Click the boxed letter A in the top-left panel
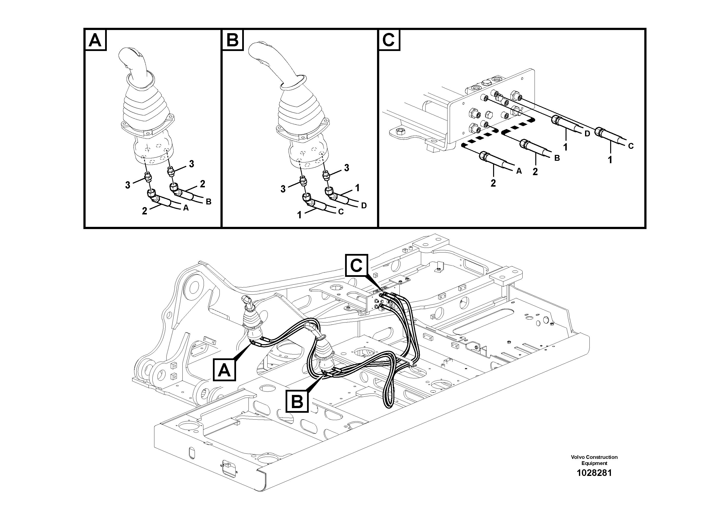(95, 40)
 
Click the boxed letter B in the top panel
(233, 40)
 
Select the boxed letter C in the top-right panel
(389, 40)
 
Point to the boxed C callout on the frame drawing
(356, 265)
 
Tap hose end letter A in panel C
(519, 171)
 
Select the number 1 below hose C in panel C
(610, 160)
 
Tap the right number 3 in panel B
(347, 168)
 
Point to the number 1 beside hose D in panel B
(357, 188)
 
